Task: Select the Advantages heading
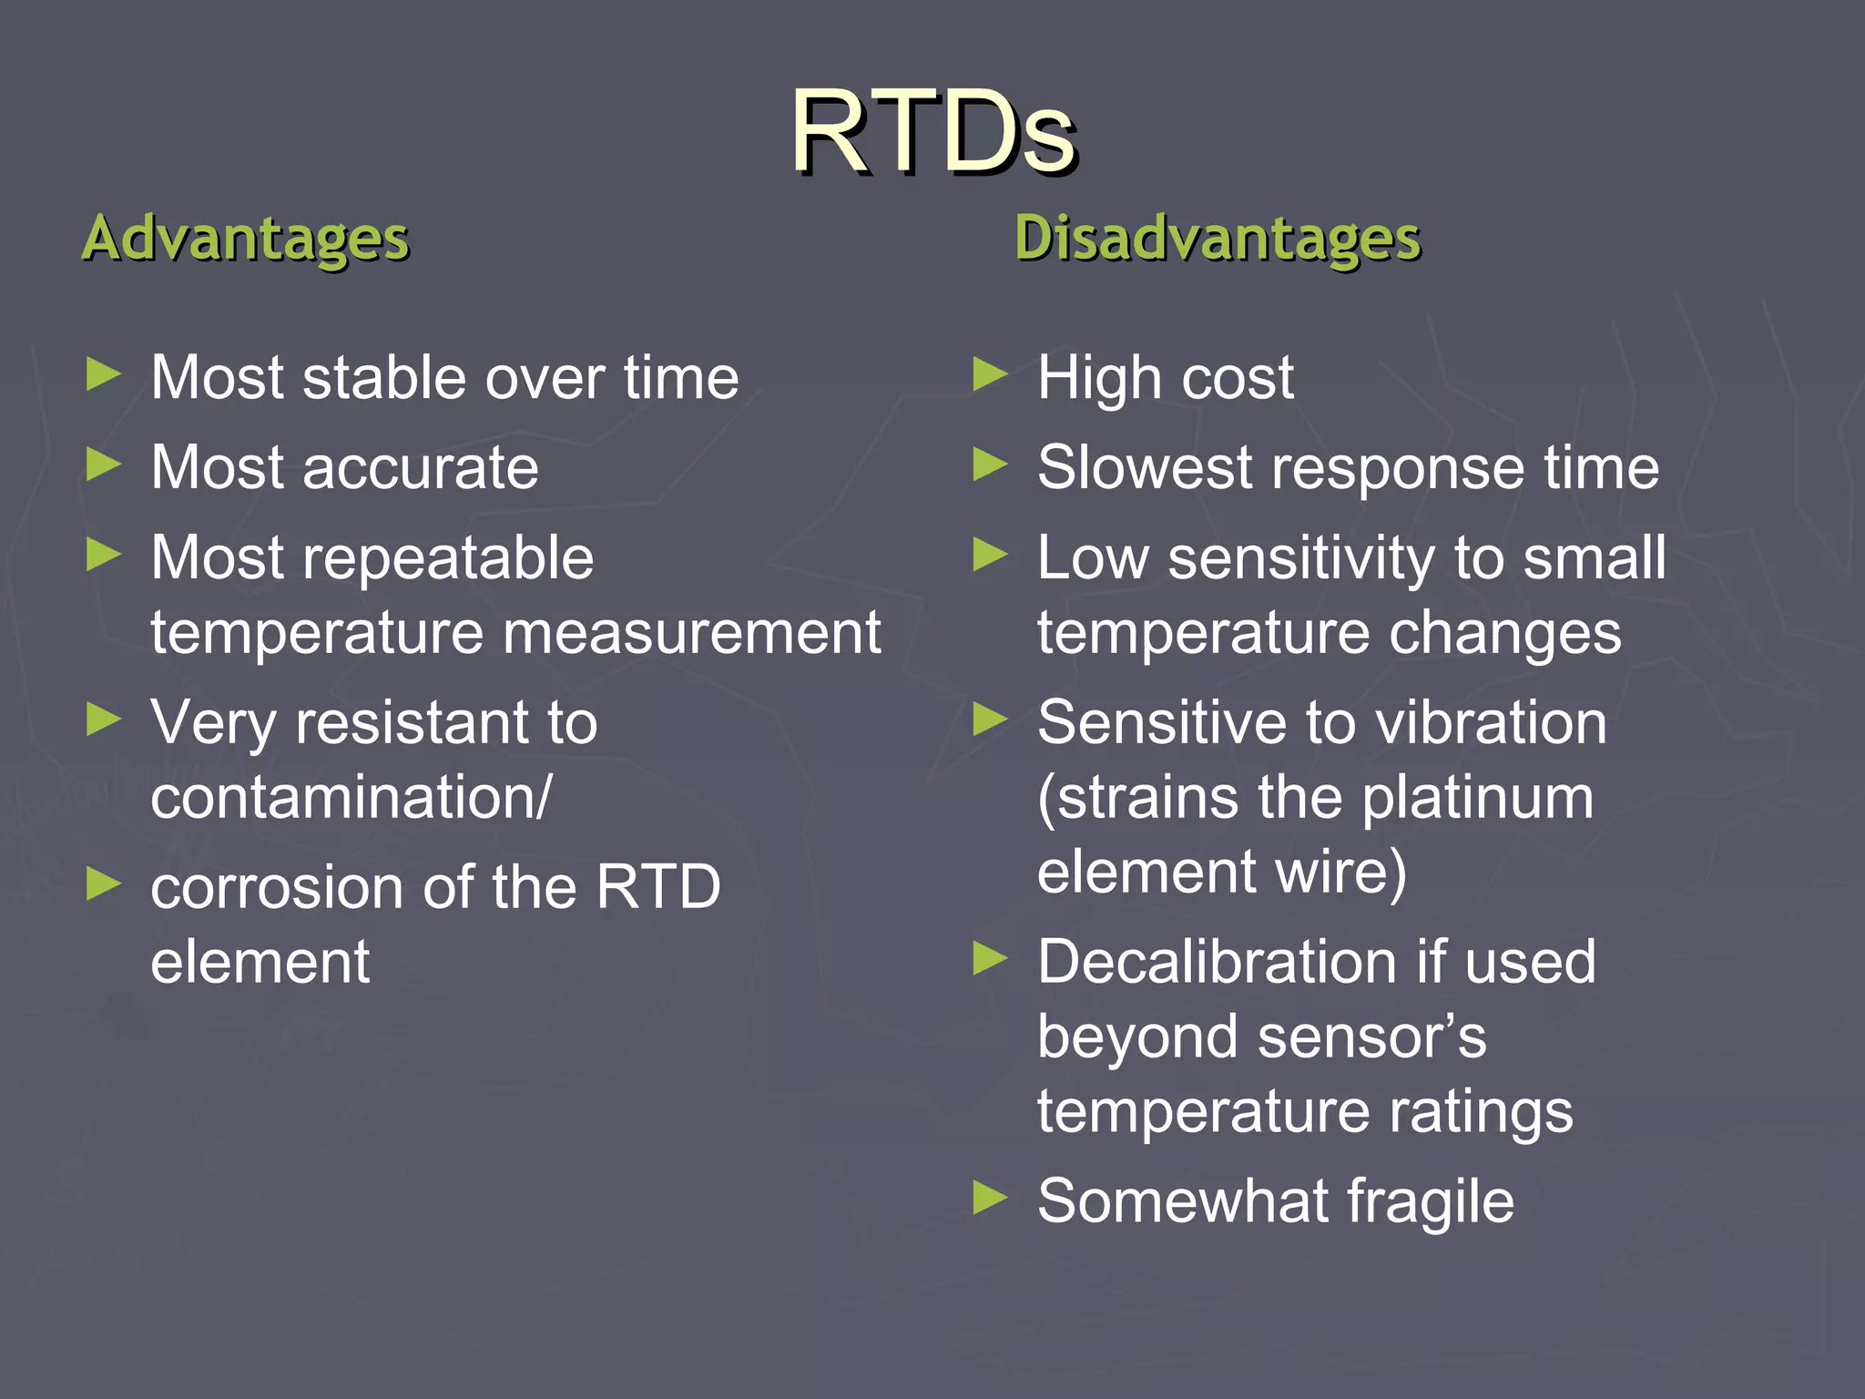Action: click(246, 239)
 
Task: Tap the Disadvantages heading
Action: click(1218, 239)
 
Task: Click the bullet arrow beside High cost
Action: click(990, 375)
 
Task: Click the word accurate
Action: click(420, 468)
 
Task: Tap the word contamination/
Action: click(351, 798)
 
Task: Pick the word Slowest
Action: click(1144, 468)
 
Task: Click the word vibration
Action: click(1491, 723)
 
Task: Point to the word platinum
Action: click(1478, 798)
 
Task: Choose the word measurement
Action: click(680, 633)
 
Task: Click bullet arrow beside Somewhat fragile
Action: click(990, 1199)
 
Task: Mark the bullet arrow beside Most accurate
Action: click(103, 465)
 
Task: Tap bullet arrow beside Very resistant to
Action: click(103, 720)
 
